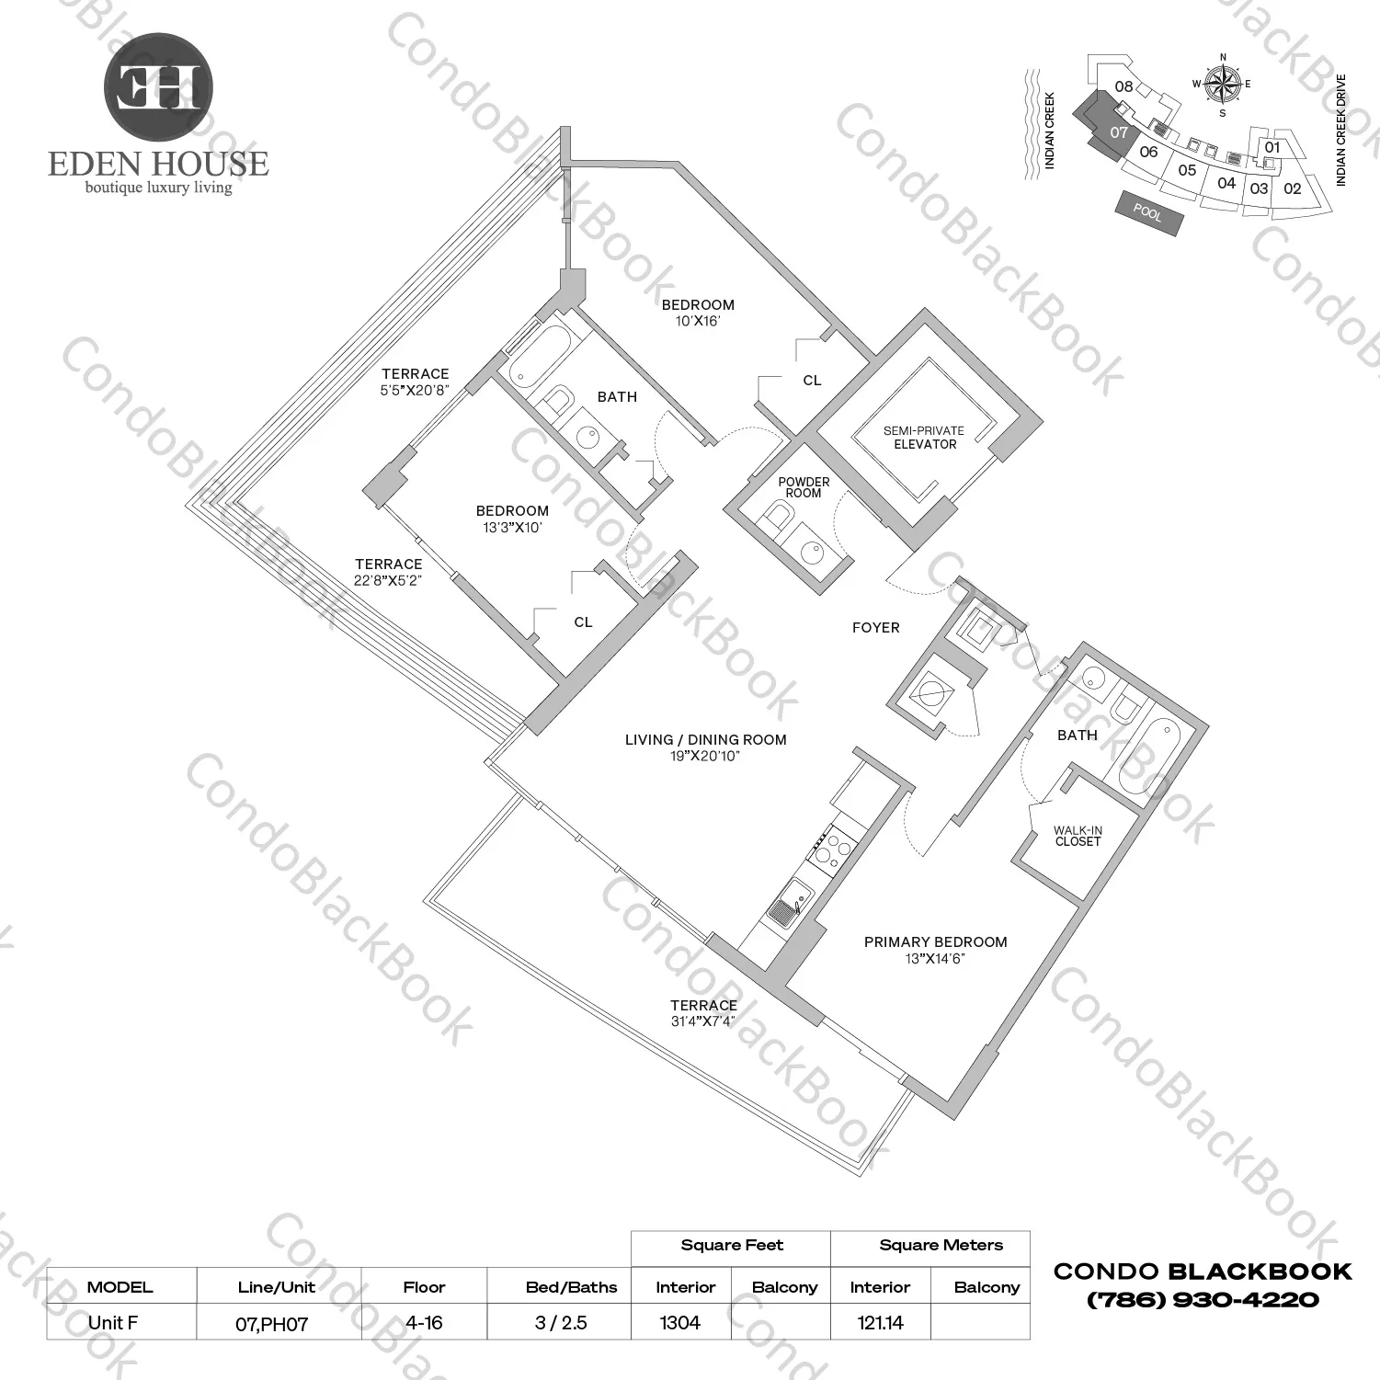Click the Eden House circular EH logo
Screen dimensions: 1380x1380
click(158, 88)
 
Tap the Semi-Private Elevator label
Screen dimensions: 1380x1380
click(924, 438)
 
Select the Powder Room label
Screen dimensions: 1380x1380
click(804, 487)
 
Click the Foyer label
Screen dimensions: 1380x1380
click(875, 628)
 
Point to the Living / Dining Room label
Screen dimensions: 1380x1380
click(705, 739)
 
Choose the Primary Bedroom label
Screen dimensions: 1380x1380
click(935, 942)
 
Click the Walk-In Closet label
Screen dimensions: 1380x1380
click(1078, 836)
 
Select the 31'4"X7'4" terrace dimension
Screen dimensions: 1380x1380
click(703, 1021)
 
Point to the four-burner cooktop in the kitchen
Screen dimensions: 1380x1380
click(830, 848)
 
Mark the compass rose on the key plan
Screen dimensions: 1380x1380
click(1222, 85)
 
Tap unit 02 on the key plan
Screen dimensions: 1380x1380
click(1292, 189)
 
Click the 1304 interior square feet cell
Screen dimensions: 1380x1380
click(680, 1323)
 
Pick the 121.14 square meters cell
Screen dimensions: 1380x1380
click(880, 1323)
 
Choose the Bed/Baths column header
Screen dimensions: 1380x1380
click(571, 1287)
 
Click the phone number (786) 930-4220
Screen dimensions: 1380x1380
click(1203, 1300)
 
